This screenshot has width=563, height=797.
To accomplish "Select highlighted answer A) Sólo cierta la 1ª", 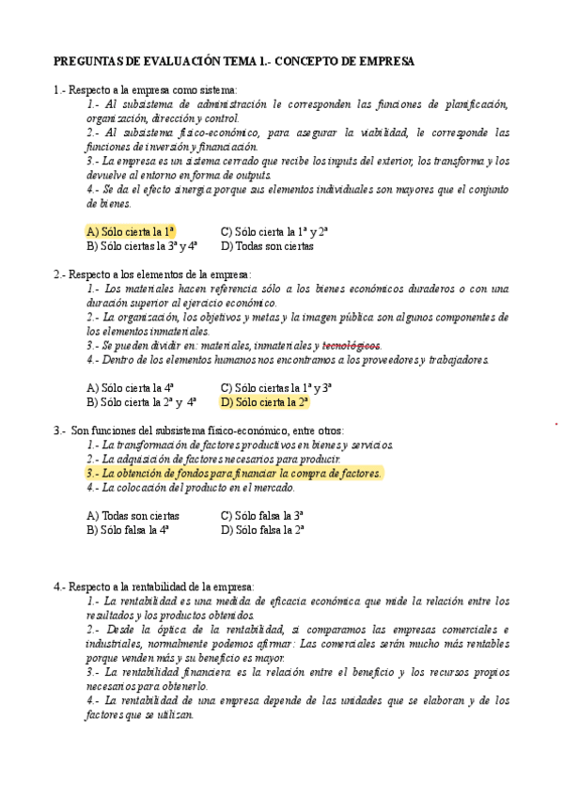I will point(131,231).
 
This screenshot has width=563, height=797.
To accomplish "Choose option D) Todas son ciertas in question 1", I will point(267,246).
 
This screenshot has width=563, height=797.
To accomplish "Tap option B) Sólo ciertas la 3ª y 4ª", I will point(141,246).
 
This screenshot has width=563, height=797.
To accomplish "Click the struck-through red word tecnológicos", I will point(351,345).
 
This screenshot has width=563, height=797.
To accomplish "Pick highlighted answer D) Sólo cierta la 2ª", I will point(264,401).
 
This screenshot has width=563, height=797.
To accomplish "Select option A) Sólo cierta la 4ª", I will point(130,387).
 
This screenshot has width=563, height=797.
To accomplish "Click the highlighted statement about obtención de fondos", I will point(234,474).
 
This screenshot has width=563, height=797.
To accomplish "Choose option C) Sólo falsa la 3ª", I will point(261,516).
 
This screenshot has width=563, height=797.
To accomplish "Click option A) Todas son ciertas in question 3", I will point(133,516).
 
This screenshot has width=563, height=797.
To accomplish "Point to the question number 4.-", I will point(60,586).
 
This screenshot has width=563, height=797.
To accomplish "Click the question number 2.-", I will point(60,273).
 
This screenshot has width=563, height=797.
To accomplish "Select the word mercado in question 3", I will point(274,488).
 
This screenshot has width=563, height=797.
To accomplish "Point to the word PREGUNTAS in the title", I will point(85,61).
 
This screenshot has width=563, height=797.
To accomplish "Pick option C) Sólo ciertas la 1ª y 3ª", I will point(275,387).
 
